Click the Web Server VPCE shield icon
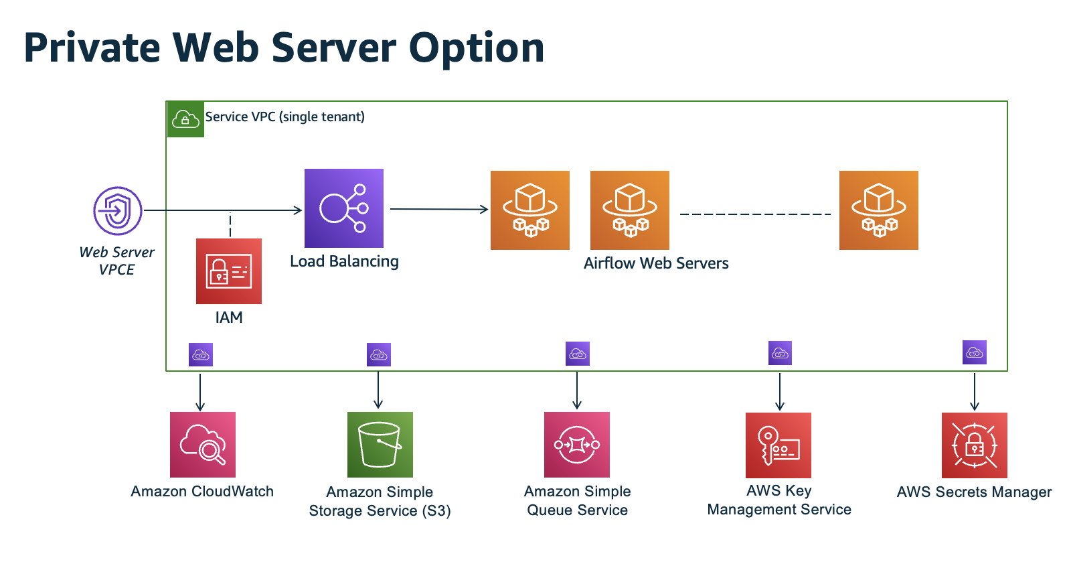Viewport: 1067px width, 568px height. click(x=118, y=210)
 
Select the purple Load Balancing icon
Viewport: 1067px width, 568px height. click(x=343, y=208)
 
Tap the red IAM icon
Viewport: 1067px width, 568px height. click(x=229, y=271)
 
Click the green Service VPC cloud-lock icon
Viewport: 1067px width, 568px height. click(x=185, y=120)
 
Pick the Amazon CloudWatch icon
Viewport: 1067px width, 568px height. click(x=203, y=445)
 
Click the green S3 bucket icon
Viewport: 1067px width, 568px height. click(x=380, y=445)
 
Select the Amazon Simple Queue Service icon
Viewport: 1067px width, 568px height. click(x=577, y=445)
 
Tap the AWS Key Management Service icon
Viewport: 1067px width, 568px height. click(x=778, y=445)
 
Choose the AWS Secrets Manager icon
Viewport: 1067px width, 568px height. click(x=974, y=445)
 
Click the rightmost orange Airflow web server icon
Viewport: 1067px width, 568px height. click(x=878, y=210)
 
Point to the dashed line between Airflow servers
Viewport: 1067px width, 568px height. click(x=754, y=214)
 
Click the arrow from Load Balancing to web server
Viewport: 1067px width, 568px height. click(x=439, y=209)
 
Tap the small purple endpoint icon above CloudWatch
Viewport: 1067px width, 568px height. click(x=201, y=355)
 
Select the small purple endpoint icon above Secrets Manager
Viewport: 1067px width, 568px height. click(x=974, y=352)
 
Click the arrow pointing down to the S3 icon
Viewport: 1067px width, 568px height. click(x=378, y=390)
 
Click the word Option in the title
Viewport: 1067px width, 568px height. click(x=477, y=48)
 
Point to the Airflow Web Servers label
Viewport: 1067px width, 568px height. click(x=656, y=263)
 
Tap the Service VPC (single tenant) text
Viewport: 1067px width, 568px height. click(x=284, y=117)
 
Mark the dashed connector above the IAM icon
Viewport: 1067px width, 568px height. click(x=230, y=224)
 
